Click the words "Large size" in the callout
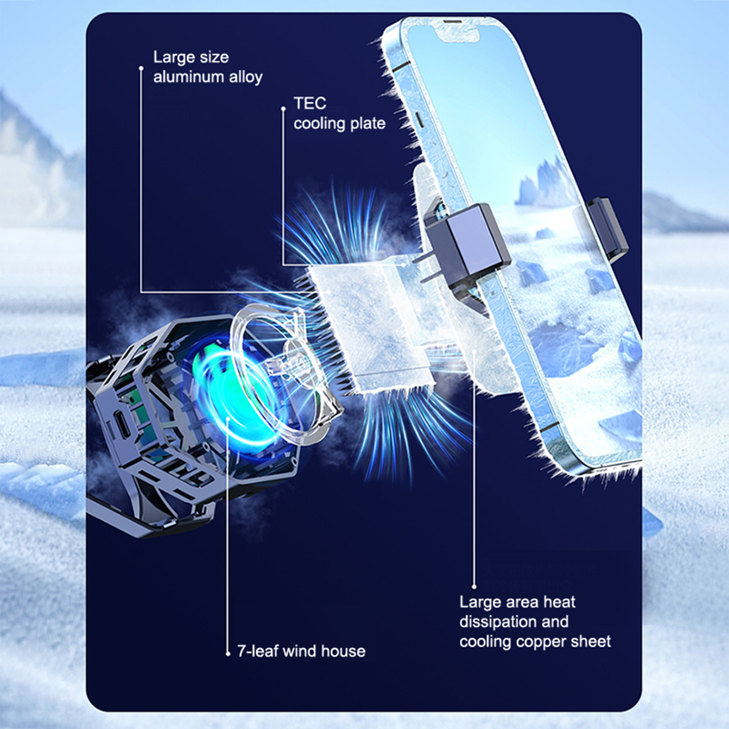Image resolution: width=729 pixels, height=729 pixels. click(x=191, y=57)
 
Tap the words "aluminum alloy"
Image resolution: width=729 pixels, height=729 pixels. click(x=208, y=77)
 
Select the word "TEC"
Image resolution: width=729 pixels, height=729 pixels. click(x=310, y=103)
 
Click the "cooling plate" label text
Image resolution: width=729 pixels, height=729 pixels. click(x=339, y=123)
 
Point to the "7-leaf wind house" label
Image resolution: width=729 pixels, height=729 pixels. click(x=301, y=651)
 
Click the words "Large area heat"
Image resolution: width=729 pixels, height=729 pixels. click(x=517, y=602)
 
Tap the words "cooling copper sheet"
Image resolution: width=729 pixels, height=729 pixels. click(x=535, y=642)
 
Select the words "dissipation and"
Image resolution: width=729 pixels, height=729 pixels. click(x=514, y=622)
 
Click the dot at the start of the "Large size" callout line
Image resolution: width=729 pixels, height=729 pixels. click(x=141, y=68)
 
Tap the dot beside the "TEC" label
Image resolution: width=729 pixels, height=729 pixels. click(x=283, y=108)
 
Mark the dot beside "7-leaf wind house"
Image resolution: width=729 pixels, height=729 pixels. click(x=228, y=654)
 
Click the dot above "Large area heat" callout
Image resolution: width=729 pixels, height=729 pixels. click(x=474, y=587)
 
